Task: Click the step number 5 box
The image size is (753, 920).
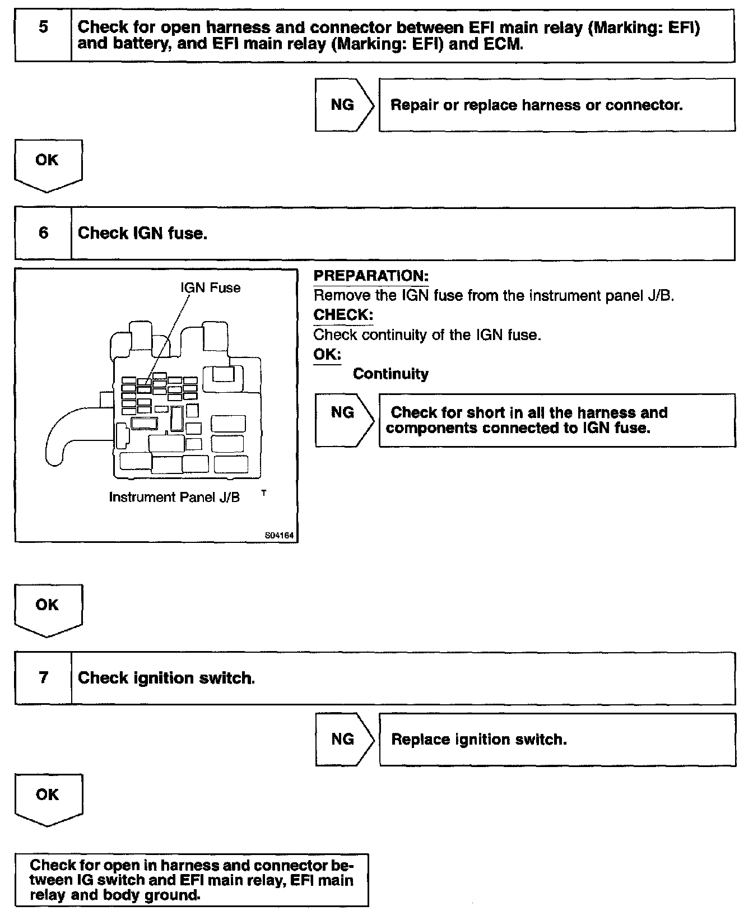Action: click(x=43, y=35)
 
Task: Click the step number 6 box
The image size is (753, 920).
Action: click(x=43, y=233)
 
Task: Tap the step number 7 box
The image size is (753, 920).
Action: click(x=43, y=678)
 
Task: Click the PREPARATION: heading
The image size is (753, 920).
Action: click(x=371, y=276)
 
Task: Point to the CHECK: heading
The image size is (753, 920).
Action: click(x=343, y=315)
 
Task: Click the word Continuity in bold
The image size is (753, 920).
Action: click(x=391, y=374)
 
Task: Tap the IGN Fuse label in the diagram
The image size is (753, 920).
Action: click(x=210, y=288)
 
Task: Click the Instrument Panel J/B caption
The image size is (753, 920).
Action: click(x=174, y=498)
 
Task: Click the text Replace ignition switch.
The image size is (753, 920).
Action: click(x=478, y=740)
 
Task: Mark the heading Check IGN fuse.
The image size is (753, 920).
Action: click(x=142, y=233)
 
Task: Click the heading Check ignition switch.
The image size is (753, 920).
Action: click(x=166, y=678)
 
